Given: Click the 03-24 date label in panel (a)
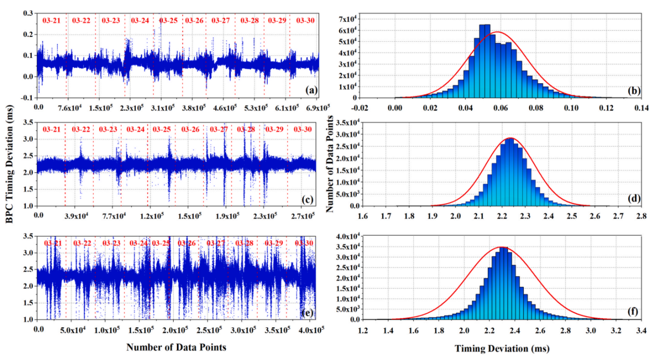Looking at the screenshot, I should click(x=140, y=21).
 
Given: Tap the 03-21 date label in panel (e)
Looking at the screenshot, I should click(x=53, y=243).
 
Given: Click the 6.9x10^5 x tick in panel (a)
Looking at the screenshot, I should click(x=318, y=108).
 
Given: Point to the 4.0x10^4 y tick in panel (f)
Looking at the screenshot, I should click(x=344, y=237).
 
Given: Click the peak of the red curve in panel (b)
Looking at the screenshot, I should click(x=498, y=32).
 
